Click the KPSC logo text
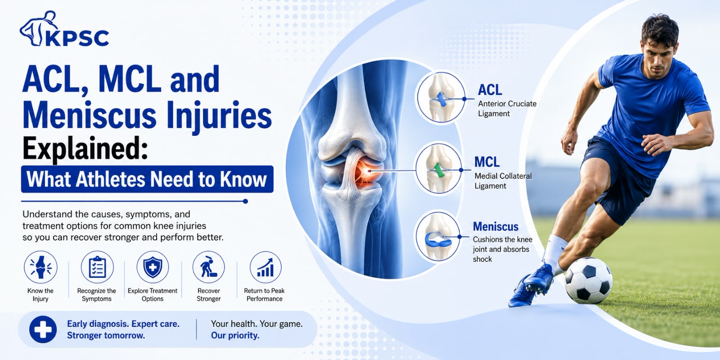click(77, 38)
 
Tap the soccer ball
click(588, 281)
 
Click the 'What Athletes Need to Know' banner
click(147, 180)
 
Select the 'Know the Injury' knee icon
click(40, 267)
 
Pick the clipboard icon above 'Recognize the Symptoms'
click(97, 267)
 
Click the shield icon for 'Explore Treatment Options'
click(153, 267)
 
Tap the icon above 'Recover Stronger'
click(209, 267)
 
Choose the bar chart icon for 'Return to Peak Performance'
click(265, 267)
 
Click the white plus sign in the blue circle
click(43, 329)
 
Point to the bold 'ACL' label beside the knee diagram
click(490, 90)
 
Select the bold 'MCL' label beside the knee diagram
click(487, 162)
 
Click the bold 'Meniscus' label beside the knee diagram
click(495, 227)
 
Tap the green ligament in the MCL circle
click(438, 171)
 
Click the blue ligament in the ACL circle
click(441, 99)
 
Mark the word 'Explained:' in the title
click(85, 148)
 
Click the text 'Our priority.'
click(235, 336)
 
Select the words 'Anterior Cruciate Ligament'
click(507, 108)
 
